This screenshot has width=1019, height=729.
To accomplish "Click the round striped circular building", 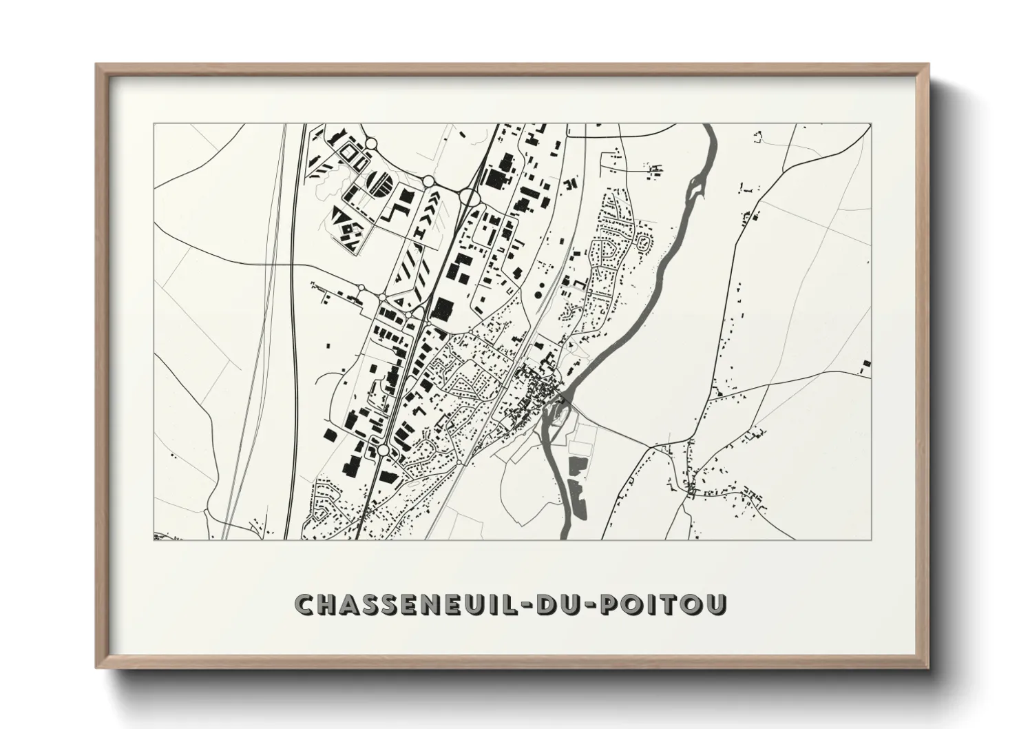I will click(380, 183).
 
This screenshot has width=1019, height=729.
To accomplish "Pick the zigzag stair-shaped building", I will click(398, 206).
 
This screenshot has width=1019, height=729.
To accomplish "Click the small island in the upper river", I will click(697, 185).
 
